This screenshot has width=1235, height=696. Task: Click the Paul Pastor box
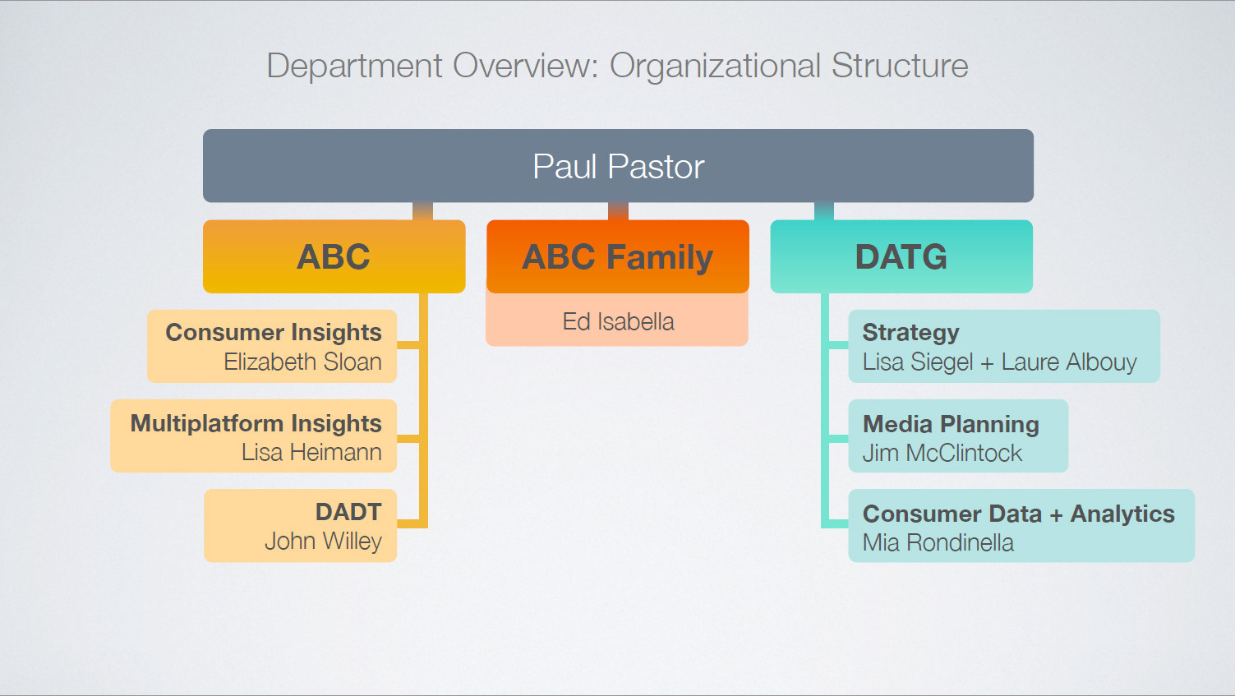coord(618,166)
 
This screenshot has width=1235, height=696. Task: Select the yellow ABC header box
coord(334,256)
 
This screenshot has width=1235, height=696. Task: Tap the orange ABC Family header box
coord(618,256)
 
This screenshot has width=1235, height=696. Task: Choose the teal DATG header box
coord(901,256)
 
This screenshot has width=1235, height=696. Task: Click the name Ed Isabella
coord(618,321)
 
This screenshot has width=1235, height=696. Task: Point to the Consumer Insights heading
coord(274,332)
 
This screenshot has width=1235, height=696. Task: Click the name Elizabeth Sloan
coord(302,362)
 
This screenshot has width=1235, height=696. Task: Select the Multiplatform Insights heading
coord(256,422)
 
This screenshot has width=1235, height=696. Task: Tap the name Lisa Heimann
coord(311,452)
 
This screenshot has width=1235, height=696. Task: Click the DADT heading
coord(348,512)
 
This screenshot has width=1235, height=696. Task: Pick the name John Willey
coord(323,541)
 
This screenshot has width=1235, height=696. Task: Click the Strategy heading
coord(910,332)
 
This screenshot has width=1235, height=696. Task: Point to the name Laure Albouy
coord(1069,362)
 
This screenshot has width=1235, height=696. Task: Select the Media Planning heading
coord(951,424)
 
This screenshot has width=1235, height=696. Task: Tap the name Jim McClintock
coord(942,453)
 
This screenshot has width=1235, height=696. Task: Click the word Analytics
coord(1122,514)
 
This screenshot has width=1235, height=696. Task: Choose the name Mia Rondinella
coord(938,542)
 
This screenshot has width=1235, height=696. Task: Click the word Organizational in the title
coord(715,66)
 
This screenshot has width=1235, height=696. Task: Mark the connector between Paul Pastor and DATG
coord(824,211)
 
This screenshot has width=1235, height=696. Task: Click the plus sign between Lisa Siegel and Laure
coord(987,362)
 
